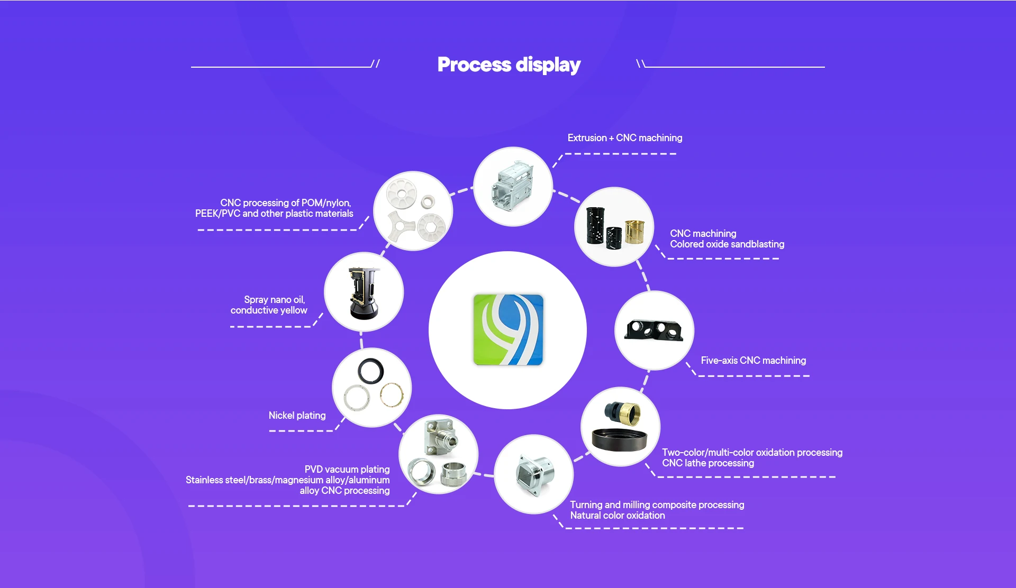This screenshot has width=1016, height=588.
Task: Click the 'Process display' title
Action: (x=509, y=65)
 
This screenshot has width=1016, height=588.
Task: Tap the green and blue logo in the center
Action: (x=508, y=330)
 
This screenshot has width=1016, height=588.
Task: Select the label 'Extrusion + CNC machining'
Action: (x=624, y=138)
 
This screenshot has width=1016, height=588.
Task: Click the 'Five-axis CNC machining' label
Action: (x=753, y=361)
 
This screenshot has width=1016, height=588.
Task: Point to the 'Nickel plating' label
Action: (x=297, y=416)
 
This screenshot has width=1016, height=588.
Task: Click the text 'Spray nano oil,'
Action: (x=274, y=300)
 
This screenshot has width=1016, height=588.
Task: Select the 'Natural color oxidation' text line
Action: (x=617, y=516)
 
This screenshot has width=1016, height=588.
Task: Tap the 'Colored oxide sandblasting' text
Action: (x=727, y=244)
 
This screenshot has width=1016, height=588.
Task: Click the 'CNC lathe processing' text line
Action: (x=707, y=463)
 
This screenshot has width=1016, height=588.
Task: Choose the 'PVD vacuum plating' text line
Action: (x=347, y=470)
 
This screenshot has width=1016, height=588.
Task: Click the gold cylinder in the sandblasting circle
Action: (x=634, y=231)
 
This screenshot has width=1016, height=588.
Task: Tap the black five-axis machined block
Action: (x=654, y=330)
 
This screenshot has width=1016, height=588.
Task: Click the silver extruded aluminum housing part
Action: (x=512, y=186)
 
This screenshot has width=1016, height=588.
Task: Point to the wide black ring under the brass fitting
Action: (x=619, y=439)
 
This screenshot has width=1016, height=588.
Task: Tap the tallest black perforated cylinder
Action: (x=595, y=225)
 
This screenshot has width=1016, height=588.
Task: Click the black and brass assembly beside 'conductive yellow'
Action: (x=364, y=292)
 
